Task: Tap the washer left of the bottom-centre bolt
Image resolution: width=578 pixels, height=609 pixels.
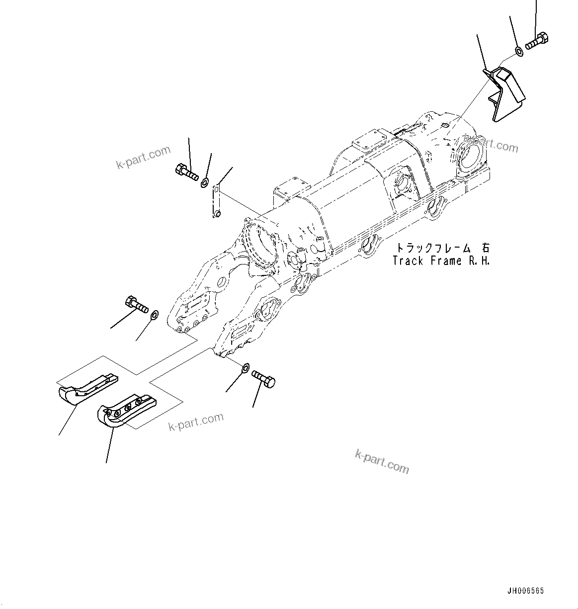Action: pyautogui.click(x=246, y=368)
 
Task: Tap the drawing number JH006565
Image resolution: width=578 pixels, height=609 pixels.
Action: pyautogui.click(x=525, y=591)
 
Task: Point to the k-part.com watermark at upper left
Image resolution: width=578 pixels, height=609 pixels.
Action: pyautogui.click(x=143, y=157)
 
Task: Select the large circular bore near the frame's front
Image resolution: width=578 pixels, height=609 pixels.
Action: pyautogui.click(x=261, y=246)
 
